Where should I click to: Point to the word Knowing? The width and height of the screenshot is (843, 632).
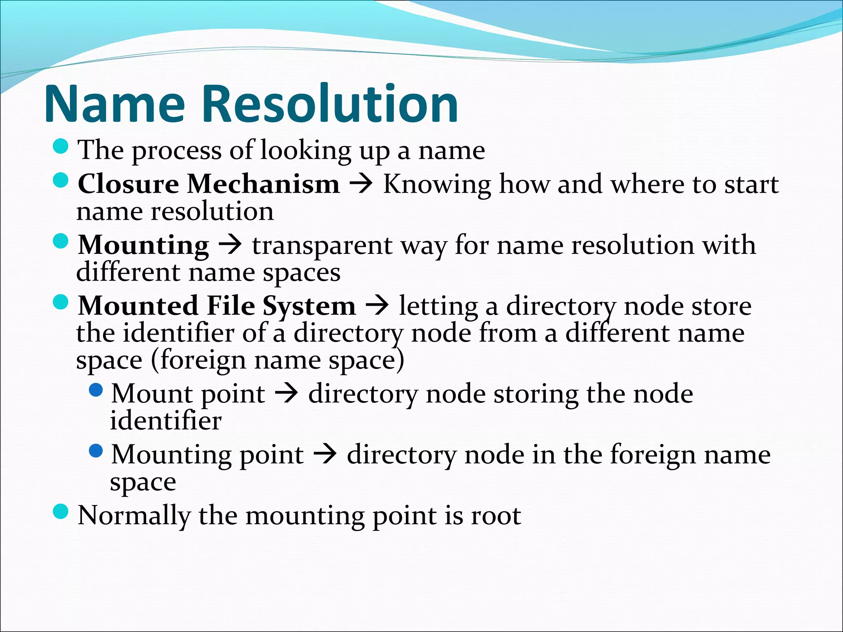(437, 184)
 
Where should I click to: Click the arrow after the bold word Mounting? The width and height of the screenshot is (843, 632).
(231, 246)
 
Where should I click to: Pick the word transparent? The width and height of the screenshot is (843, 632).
(322, 246)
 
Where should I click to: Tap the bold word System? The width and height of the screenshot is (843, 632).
(309, 307)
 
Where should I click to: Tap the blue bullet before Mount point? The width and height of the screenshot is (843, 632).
(95, 390)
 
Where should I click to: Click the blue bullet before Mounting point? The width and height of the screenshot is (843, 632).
(95, 451)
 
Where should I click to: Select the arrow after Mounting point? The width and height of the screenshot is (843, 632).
(325, 455)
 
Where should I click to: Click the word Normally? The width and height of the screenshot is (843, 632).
(134, 516)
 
